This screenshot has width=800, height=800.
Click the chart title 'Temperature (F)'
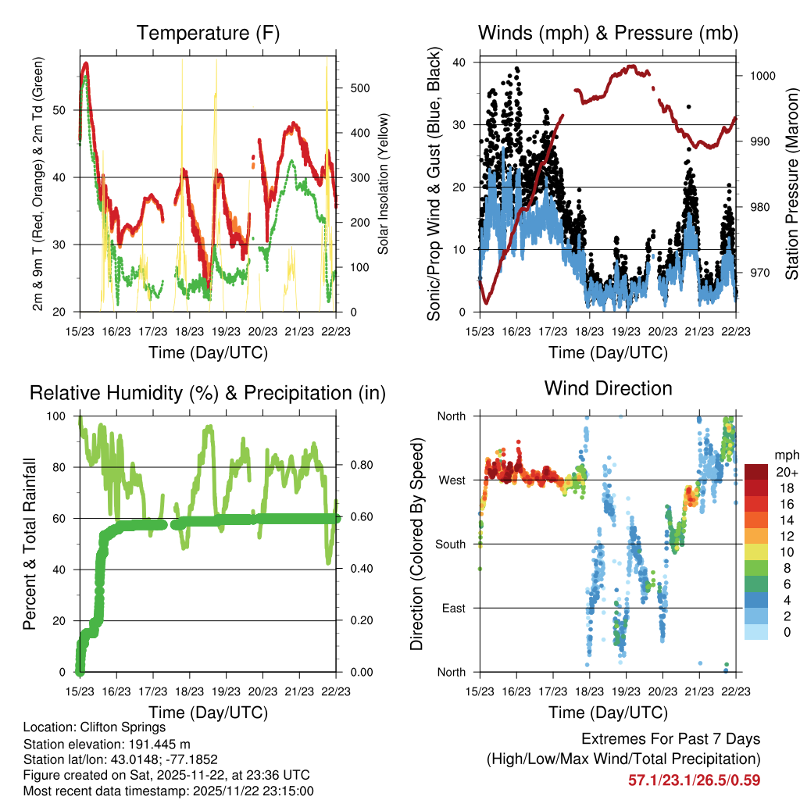tap(208, 33)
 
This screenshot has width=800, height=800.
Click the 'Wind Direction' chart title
tap(608, 388)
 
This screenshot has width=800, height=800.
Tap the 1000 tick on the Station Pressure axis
tap(762, 76)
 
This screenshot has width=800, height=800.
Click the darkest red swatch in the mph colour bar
tap(757, 471)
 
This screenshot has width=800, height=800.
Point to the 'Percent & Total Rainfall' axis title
tap(29, 545)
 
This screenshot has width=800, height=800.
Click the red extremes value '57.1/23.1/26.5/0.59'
tap(694, 780)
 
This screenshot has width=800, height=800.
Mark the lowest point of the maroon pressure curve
tap(486, 302)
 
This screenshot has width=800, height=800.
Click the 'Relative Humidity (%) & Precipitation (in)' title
tap(208, 393)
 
